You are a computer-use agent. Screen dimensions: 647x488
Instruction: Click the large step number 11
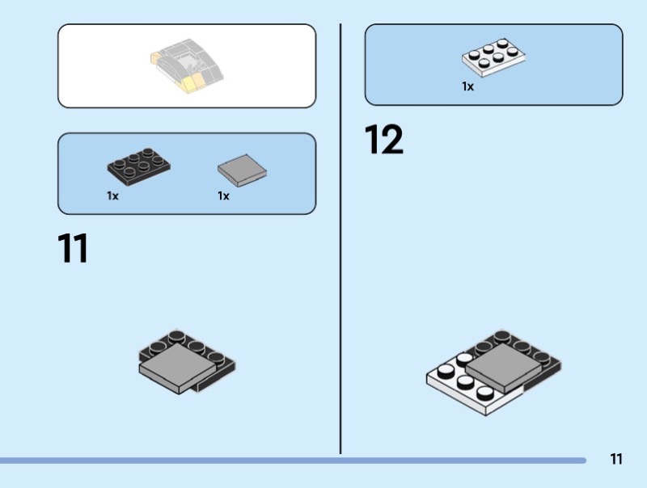(x=73, y=248)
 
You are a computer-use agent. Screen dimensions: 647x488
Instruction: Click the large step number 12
(x=383, y=139)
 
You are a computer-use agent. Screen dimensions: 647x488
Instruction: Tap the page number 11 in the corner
(x=616, y=459)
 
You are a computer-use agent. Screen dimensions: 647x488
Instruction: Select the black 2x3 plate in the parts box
(x=138, y=166)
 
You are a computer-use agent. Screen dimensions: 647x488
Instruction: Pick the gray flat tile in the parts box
(x=242, y=170)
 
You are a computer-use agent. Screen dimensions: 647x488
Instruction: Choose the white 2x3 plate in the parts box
(x=493, y=57)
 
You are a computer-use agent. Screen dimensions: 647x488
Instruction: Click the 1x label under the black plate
(x=112, y=196)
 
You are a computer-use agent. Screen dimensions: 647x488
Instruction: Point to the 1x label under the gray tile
(x=224, y=196)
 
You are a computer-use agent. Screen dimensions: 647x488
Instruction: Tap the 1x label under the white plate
(x=468, y=86)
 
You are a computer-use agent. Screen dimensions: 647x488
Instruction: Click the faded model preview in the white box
(x=187, y=65)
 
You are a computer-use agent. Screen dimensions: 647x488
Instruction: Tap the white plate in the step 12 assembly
(x=467, y=388)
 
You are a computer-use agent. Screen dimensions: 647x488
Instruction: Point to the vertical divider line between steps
(x=340, y=238)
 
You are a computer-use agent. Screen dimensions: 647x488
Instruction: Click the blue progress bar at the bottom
(x=293, y=461)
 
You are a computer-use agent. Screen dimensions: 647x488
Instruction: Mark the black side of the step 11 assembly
(x=214, y=379)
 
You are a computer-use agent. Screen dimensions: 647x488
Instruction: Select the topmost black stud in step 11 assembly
(x=176, y=336)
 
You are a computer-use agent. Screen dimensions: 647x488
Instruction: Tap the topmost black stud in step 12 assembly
(x=502, y=336)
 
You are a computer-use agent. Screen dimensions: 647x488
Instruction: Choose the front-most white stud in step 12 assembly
(x=484, y=393)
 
